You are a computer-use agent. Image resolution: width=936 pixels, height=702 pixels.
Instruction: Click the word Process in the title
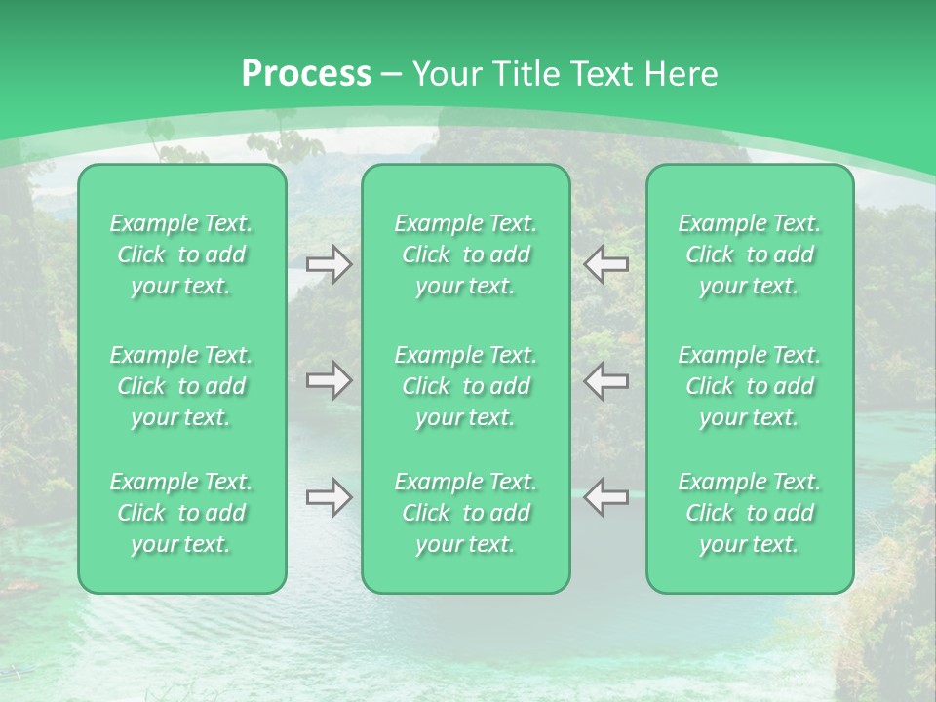click(x=306, y=74)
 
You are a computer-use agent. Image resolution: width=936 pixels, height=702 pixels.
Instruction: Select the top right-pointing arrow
click(x=329, y=264)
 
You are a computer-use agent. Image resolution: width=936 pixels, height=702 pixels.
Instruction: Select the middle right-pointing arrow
click(x=329, y=379)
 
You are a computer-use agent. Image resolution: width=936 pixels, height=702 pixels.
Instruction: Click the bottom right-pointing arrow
click(x=329, y=497)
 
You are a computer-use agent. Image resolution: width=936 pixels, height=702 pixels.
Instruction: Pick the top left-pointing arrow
click(x=606, y=264)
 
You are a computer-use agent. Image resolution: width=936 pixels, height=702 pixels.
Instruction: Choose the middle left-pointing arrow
click(x=606, y=379)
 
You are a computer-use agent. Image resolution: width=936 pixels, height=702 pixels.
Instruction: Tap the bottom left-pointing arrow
click(x=606, y=497)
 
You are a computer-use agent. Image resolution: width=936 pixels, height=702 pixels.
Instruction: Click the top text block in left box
click(x=181, y=254)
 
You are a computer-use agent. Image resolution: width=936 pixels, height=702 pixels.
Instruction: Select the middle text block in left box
click(x=181, y=386)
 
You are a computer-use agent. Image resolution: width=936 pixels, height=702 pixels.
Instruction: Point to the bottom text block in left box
click(x=181, y=513)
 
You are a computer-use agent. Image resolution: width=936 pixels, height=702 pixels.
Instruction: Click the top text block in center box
click(x=466, y=254)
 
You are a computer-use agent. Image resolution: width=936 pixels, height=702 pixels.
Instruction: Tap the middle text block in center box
click(x=466, y=386)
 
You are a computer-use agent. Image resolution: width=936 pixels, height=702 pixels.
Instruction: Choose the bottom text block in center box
click(x=466, y=513)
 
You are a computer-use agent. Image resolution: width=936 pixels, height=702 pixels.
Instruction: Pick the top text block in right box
click(x=750, y=254)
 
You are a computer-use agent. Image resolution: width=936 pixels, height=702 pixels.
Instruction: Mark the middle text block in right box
click(x=750, y=386)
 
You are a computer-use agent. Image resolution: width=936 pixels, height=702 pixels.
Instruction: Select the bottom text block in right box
click(x=750, y=513)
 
